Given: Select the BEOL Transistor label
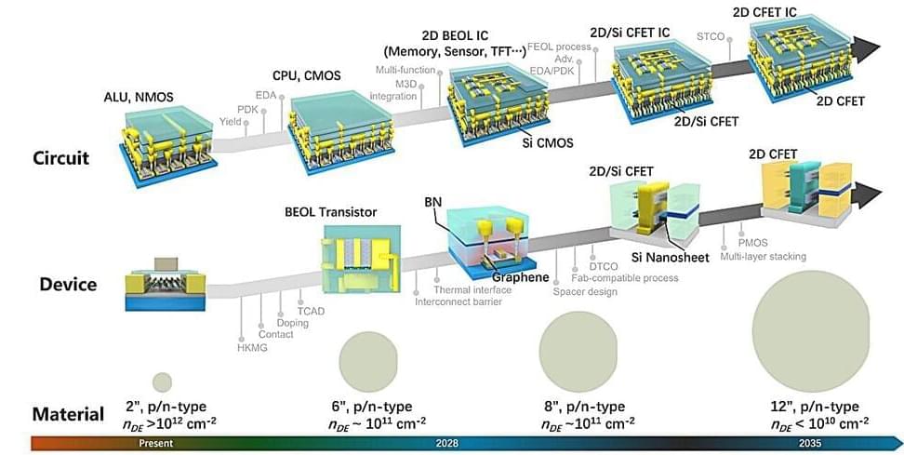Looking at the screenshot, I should pos(330,212).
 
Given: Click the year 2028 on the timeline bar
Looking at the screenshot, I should pos(447,444).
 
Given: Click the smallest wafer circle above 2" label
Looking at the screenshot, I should pos(162,381).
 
